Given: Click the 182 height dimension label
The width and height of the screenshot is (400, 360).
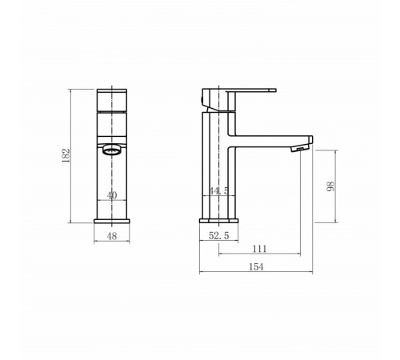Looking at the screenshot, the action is pyautogui.click(x=66, y=155).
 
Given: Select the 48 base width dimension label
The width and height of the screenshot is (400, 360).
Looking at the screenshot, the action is pyautogui.click(x=112, y=236).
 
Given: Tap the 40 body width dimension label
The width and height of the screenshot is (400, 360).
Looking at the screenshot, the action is pyautogui.click(x=112, y=195).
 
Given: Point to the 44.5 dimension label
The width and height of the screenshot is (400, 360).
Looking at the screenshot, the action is pyautogui.click(x=218, y=190).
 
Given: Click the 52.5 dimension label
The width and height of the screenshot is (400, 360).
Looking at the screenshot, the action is pyautogui.click(x=218, y=235).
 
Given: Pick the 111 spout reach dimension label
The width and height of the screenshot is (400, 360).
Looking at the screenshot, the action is pyautogui.click(x=259, y=249).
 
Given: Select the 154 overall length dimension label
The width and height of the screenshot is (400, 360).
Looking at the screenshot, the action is pyautogui.click(x=256, y=266).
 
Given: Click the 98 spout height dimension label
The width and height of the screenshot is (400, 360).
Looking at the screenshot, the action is pyautogui.click(x=330, y=186).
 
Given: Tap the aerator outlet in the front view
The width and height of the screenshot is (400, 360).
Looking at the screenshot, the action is pyautogui.click(x=112, y=150).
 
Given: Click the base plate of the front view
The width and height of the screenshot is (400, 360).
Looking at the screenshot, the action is pyautogui.click(x=112, y=221).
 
